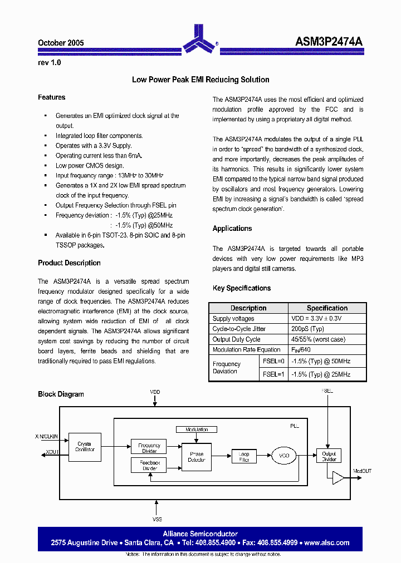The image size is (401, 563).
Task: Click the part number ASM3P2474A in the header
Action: coord(329,42)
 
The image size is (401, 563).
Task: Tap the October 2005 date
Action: coord(61,43)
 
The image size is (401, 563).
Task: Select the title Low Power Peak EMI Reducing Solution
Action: coord(200,80)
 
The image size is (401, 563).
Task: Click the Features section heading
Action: coord(51,97)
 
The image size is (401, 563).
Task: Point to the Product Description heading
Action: coord(69,263)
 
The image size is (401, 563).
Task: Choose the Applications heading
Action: coord(232,229)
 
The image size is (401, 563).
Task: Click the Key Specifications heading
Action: coord(242,288)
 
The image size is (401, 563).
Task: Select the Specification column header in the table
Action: coord(327,308)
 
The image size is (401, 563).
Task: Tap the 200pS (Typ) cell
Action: coord(307,329)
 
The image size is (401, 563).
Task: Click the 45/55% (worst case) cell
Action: coord(318,339)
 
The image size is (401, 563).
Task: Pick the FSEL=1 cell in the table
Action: coord(273,374)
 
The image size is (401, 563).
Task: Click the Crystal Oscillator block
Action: coord(85,446)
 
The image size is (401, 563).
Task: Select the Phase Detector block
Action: coord(197,457)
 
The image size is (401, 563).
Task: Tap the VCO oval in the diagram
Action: coord(284,456)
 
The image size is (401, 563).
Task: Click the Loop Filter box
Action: coord(244,457)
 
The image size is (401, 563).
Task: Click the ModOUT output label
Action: coord(363,471)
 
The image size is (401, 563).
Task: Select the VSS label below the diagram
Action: coord(157,519)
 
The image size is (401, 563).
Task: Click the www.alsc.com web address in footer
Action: coord(327,542)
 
